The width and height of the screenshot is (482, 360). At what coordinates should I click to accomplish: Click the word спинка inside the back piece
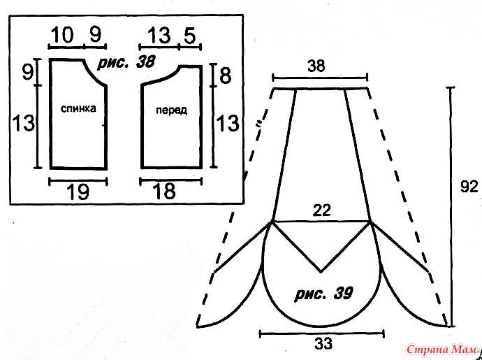point(78,108)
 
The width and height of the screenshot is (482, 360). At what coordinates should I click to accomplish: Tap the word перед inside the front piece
point(171,110)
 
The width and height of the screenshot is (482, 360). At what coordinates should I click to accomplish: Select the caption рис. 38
point(126,62)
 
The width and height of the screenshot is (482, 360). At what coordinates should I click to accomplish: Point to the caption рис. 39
point(323,294)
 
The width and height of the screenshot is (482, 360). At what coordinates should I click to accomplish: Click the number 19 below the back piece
point(78,192)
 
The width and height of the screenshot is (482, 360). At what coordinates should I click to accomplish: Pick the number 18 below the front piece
point(164,192)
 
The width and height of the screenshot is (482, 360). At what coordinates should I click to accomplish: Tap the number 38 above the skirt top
point(316,66)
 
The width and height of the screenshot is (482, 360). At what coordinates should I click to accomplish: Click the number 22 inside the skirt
point(322,210)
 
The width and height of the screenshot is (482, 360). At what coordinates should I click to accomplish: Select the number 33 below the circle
point(323,343)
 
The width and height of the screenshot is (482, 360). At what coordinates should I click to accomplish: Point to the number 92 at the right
point(469,187)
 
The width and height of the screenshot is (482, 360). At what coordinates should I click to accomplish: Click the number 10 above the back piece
point(62,35)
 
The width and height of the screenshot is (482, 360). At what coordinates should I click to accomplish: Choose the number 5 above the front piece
point(190,36)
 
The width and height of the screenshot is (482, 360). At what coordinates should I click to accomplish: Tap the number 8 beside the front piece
point(226,75)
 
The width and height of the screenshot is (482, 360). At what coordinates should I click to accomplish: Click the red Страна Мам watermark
point(441,350)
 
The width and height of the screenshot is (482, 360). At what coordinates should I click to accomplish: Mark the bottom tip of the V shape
point(321,272)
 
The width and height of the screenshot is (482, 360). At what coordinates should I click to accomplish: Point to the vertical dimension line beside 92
point(451,206)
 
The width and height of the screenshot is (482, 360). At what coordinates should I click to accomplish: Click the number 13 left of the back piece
point(23,122)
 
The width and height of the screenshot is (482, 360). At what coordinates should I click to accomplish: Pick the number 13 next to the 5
point(159,35)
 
